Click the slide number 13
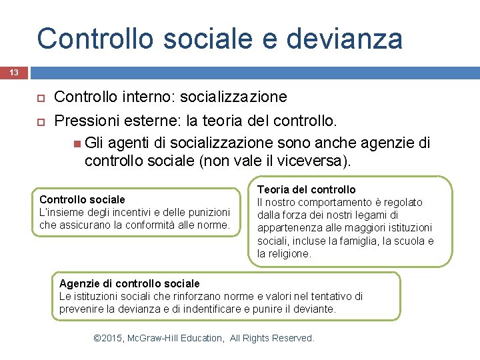pos(13,72)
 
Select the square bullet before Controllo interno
pos(39,98)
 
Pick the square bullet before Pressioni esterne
pos(39,122)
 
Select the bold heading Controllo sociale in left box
pos(82,199)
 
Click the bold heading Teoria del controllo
pos(307,189)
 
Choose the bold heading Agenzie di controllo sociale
pos(129,283)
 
